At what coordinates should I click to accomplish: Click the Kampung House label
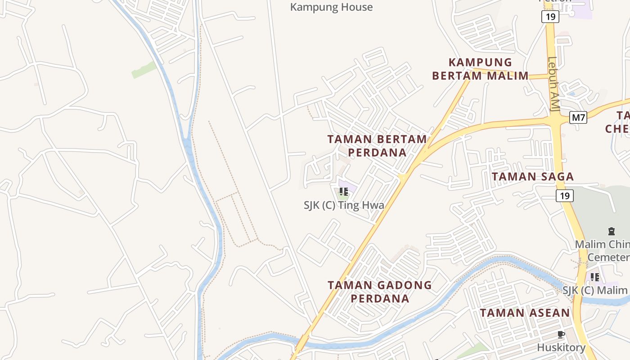(331, 7)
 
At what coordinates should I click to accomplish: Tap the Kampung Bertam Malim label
(480, 69)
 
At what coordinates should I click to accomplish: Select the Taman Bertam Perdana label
(377, 145)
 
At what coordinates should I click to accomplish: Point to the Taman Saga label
(533, 176)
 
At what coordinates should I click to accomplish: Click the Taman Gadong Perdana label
(380, 292)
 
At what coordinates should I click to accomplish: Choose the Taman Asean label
(525, 313)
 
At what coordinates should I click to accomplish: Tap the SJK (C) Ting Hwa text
(344, 206)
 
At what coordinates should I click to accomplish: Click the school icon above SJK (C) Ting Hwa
(344, 192)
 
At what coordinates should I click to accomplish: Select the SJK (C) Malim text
(595, 290)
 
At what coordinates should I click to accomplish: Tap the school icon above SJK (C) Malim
(595, 277)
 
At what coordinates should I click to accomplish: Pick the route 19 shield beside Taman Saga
(565, 196)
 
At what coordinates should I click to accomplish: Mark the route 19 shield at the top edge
(550, 17)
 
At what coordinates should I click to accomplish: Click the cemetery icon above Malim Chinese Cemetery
(611, 232)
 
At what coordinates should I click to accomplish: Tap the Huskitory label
(561, 347)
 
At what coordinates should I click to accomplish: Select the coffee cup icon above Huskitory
(561, 334)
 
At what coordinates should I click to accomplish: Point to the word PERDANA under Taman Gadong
(380, 298)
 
